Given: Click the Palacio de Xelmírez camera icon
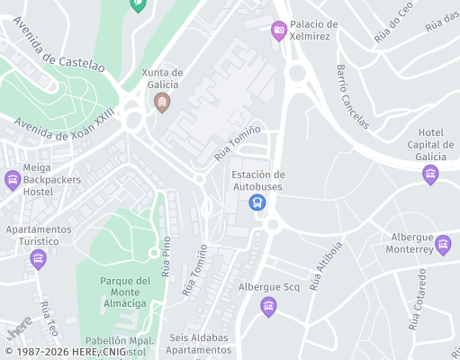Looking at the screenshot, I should (x=279, y=31).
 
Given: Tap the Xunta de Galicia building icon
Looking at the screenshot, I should (x=162, y=102).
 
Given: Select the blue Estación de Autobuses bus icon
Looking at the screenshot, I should (x=258, y=202).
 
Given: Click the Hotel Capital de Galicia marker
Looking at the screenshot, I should (x=430, y=174).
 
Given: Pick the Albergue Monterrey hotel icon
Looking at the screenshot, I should (x=442, y=244).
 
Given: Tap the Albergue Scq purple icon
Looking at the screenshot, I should (x=267, y=307).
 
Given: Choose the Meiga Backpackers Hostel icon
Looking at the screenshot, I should (x=13, y=180).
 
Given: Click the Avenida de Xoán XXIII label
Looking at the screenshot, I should (x=70, y=125).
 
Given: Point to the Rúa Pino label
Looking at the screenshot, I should (x=167, y=256).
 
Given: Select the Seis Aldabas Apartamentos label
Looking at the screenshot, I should (x=199, y=344).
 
